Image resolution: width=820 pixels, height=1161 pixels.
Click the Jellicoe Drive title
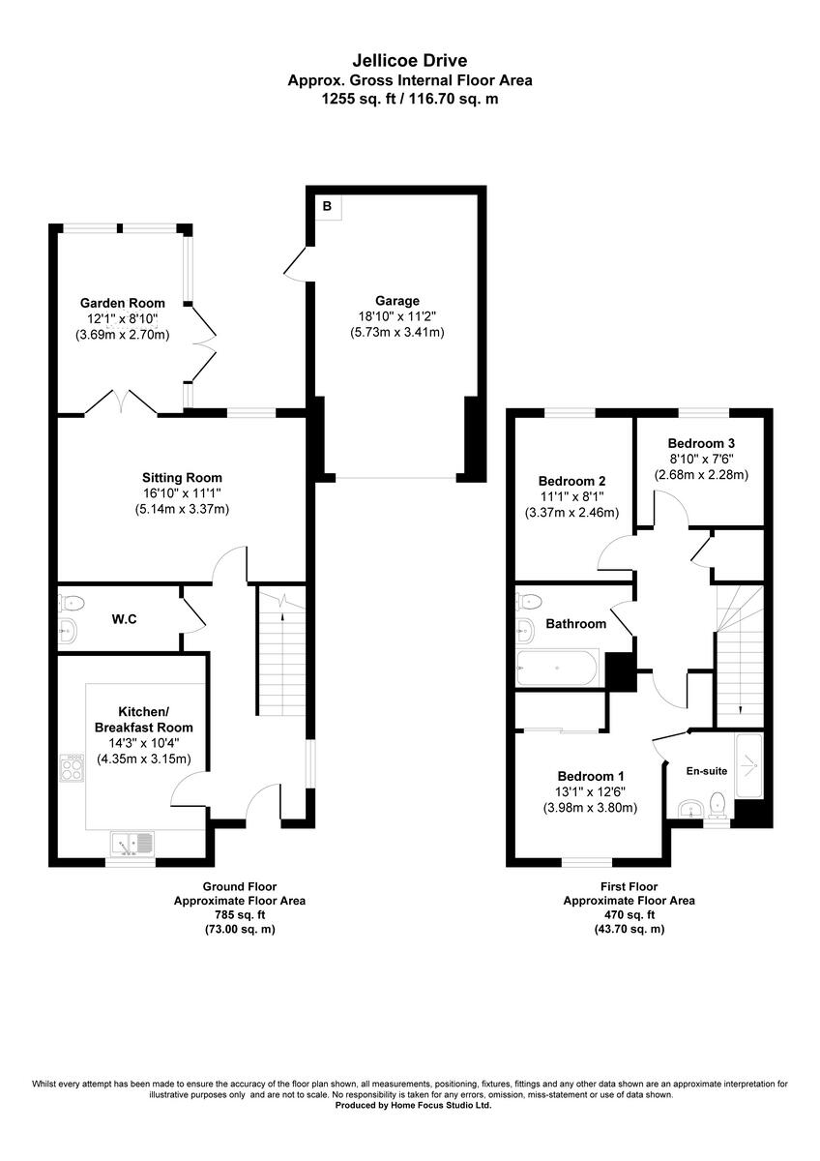click(409, 62)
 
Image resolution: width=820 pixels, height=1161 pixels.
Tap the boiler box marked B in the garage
click(327, 206)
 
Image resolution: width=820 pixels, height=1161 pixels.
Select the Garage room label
click(397, 301)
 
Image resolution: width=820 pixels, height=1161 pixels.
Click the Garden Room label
click(122, 303)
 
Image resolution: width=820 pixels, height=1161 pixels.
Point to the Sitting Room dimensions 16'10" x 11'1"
click(182, 493)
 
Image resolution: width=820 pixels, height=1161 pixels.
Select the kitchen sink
click(132, 844)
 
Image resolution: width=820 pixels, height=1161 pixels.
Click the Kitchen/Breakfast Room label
click(143, 719)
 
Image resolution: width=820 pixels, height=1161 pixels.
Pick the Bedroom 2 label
click(571, 481)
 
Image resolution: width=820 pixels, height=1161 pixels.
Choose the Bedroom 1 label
click(590, 776)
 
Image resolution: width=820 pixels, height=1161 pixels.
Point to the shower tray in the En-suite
click(748, 765)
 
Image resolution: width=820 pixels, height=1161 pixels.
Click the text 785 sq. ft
click(239, 914)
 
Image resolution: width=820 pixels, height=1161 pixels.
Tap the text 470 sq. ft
click(629, 914)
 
